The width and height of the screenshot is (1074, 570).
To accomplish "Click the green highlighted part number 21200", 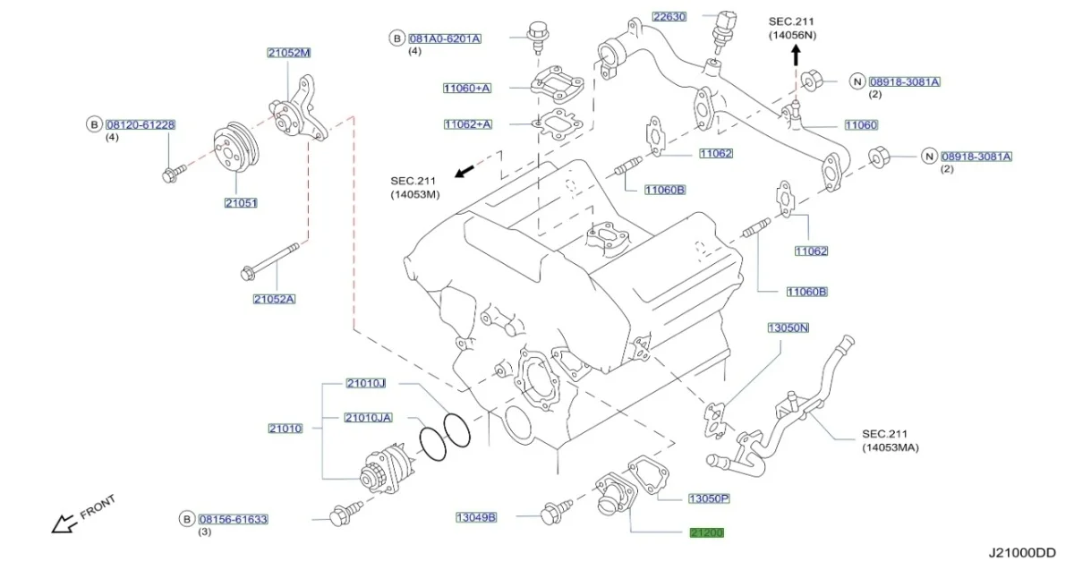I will tap(706, 533).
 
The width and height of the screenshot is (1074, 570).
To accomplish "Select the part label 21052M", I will tap(288, 53).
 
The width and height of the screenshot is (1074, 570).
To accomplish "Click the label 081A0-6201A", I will tap(445, 39).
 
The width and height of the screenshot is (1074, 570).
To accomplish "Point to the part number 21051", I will tap(241, 203).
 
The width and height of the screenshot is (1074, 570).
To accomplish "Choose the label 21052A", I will tap(274, 299).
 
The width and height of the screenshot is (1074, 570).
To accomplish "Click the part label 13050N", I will tap(788, 328).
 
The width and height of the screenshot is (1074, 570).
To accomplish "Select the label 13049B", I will tap(476, 517).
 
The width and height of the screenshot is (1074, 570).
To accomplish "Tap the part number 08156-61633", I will tap(233, 519).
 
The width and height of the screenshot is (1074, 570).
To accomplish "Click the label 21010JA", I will tap(369, 417).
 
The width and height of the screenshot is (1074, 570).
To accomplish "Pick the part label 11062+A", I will tap(467, 124).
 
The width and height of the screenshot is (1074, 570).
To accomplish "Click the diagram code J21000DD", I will tap(1022, 554).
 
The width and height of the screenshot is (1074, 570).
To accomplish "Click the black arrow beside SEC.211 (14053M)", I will tap(463, 170).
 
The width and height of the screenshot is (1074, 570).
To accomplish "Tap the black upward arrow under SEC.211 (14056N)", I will tap(795, 55).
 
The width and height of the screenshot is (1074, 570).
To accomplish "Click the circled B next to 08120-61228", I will tap(94, 124).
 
